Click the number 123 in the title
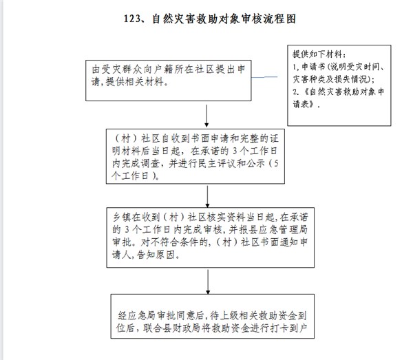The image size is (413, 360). [131, 19]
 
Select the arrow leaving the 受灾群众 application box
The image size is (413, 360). [206, 116]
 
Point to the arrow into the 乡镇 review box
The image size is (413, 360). [208, 196]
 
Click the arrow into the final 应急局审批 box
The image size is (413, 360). [208, 282]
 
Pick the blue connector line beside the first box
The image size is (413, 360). [264, 77]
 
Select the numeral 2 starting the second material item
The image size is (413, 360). [295, 92]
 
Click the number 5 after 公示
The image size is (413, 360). [276, 164]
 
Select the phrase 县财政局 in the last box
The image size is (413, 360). [182, 328]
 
